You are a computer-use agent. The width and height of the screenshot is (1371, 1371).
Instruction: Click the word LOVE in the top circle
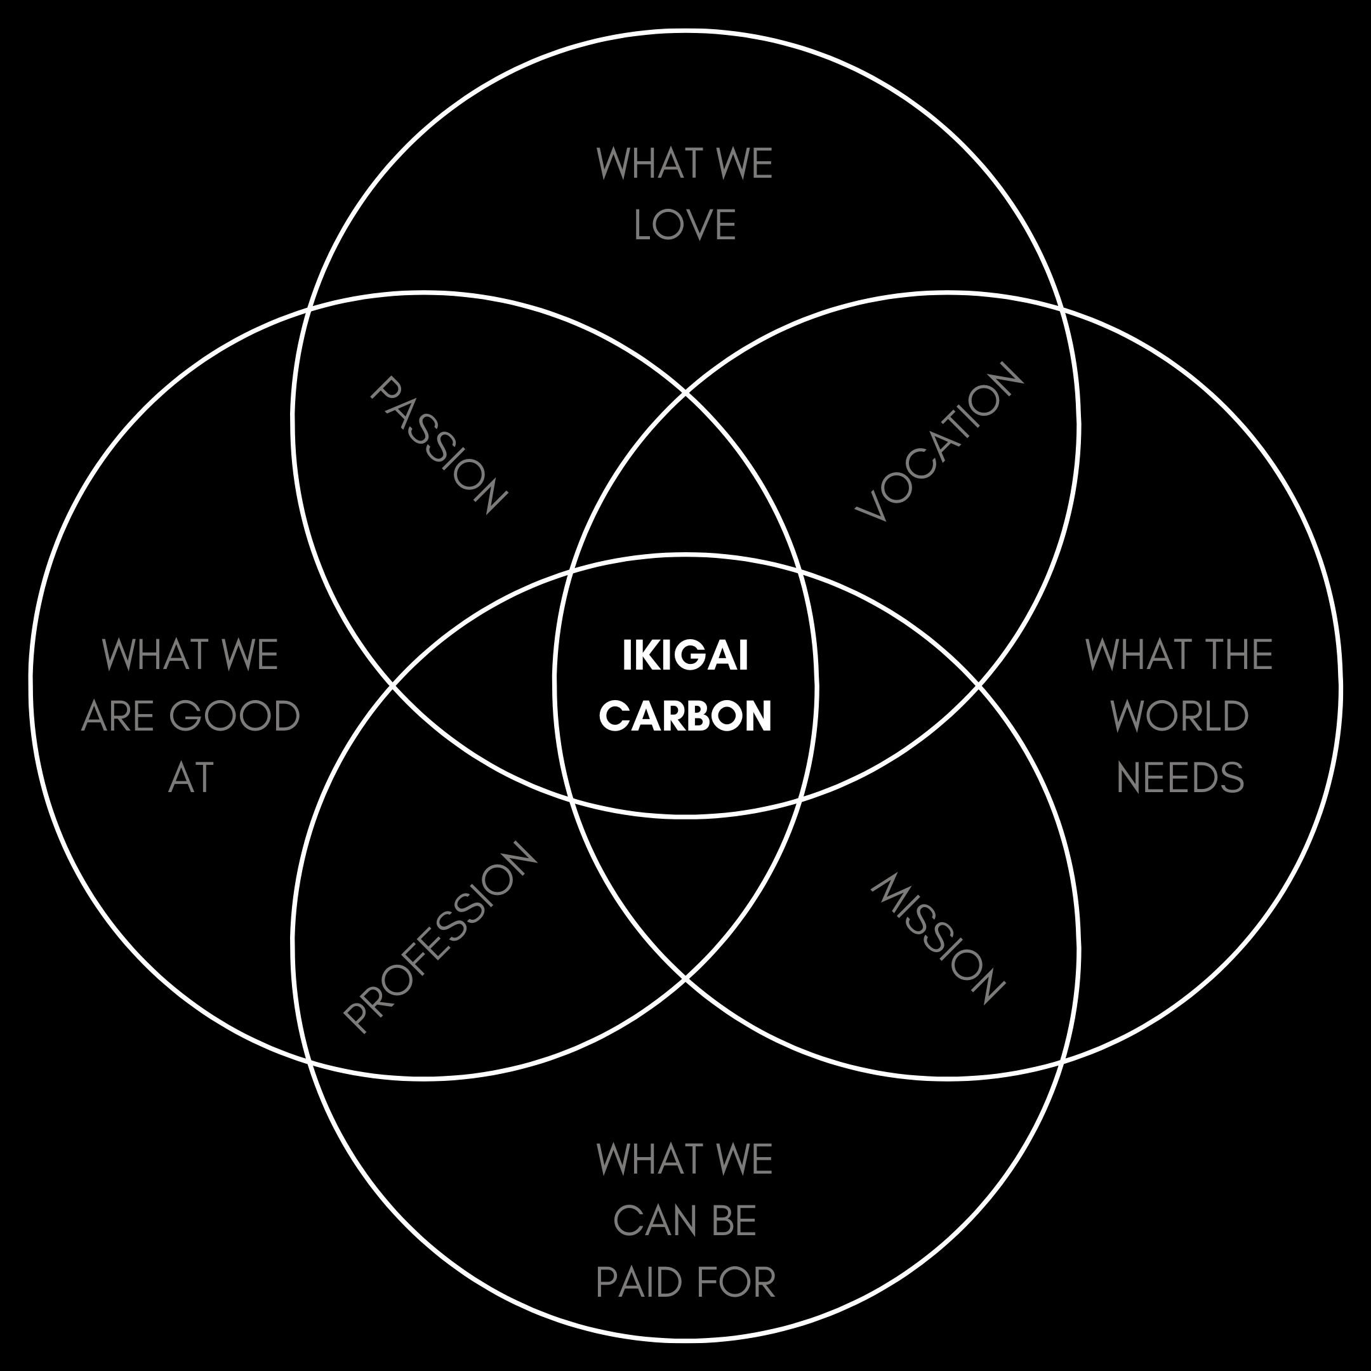coord(685,226)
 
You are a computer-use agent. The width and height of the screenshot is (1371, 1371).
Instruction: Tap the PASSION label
coord(439,445)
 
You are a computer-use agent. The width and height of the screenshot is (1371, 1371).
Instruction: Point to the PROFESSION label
coord(440,937)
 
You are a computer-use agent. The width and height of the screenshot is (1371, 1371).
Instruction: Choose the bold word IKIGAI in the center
coord(685,656)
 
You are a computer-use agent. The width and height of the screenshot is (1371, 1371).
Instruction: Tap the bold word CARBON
coord(685,716)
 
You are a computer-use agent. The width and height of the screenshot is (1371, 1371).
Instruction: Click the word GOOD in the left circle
coord(235,716)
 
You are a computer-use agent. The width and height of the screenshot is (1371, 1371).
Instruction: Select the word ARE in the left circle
coord(119,716)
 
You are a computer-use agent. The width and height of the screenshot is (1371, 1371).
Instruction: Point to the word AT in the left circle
coord(191,778)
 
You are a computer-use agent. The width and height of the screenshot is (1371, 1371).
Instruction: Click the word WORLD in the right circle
coord(1179,716)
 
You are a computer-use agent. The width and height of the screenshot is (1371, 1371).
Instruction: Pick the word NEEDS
coord(1179,778)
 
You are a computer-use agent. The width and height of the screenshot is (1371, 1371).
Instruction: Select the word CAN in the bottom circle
coord(649,1221)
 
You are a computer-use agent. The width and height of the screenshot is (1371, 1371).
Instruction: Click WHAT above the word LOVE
coord(649,164)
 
